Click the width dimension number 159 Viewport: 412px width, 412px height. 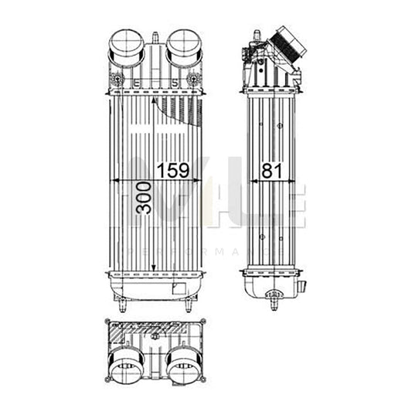click(x=173, y=170)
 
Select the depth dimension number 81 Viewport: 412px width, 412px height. click(x=271, y=170)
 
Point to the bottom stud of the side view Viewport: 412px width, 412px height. click(x=272, y=303)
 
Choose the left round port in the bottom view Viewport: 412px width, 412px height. click(x=125, y=364)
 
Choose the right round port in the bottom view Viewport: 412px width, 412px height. click(x=184, y=364)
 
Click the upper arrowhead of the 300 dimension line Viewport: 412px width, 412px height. click(x=155, y=101)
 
